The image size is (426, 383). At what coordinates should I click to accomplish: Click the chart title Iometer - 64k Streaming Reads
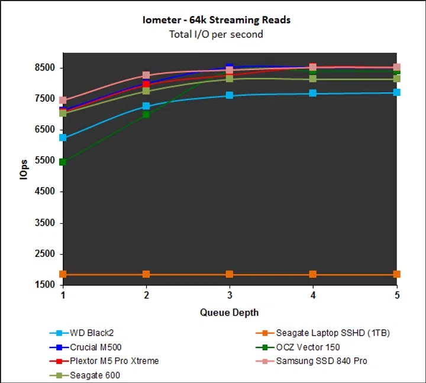[216, 20]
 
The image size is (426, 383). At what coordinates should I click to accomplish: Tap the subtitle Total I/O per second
[216, 34]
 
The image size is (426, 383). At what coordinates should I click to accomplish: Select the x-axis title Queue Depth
[229, 312]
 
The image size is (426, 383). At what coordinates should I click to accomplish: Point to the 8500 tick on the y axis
[44, 67]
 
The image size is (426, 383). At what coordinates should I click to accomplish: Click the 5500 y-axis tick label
[44, 161]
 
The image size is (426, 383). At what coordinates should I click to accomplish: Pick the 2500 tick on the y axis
[44, 254]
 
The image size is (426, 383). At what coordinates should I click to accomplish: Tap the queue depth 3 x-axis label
[230, 295]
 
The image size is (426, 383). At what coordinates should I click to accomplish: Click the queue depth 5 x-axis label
[396, 295]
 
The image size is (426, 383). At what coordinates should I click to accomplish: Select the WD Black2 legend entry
[91, 333]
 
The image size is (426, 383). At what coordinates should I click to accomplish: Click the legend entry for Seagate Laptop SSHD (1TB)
[333, 333]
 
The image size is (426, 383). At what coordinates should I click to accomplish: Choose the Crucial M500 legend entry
[96, 347]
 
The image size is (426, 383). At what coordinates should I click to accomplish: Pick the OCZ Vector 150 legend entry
[308, 347]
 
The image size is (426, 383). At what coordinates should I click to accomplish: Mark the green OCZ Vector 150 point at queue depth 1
[63, 162]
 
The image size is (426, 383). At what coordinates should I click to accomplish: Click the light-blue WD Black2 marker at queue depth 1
[63, 137]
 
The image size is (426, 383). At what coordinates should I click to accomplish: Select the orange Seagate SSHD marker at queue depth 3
[230, 274]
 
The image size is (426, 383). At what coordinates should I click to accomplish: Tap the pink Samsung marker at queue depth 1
[63, 100]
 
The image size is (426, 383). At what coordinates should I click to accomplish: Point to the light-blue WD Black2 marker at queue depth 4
[313, 93]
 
